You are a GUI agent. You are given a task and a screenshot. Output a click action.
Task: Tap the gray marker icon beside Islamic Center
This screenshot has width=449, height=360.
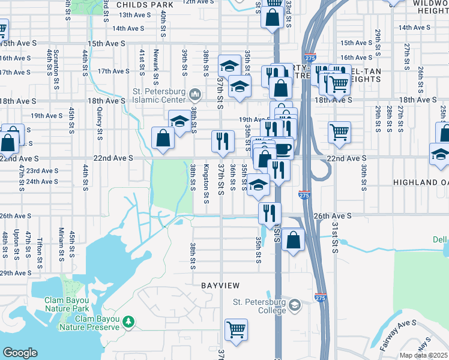(195, 95)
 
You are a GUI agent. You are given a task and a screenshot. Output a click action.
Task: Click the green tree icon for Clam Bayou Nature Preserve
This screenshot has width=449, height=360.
(128, 323)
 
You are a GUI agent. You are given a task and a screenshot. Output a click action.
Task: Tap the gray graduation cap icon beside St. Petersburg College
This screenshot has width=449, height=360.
(294, 306)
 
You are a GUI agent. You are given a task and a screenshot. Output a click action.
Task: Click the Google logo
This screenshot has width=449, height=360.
(20, 353)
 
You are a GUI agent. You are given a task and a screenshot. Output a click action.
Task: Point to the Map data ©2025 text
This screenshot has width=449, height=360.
(424, 355)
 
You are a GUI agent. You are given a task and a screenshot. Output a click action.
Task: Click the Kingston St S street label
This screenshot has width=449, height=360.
(206, 184)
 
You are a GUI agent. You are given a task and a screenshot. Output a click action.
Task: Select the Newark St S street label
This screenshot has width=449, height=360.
(156, 66)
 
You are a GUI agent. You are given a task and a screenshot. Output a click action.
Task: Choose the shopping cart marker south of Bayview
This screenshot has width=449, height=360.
(237, 329)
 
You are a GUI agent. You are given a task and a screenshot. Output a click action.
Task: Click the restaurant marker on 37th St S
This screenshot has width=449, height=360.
(223, 142)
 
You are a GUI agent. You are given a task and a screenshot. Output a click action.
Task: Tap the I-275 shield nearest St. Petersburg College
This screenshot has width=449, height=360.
(320, 297)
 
